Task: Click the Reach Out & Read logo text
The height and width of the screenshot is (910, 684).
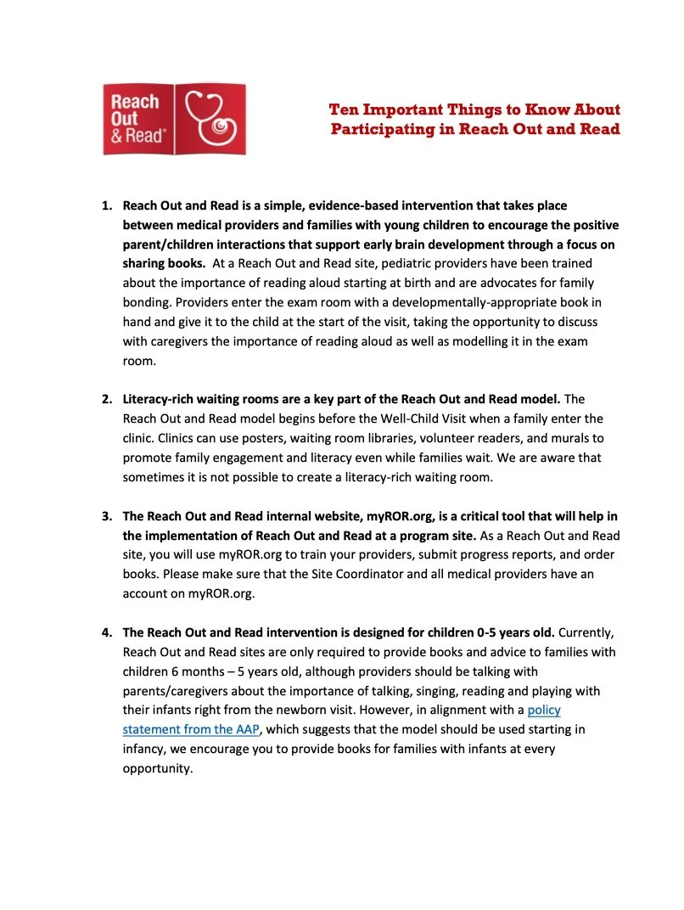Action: coord(135,120)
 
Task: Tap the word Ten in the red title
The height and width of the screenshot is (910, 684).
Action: coord(345,110)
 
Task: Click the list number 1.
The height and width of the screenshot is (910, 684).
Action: coord(107,206)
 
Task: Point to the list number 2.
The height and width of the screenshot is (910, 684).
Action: coord(107,399)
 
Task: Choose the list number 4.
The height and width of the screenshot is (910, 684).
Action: coord(107,633)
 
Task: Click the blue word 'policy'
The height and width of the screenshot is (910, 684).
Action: coord(544,710)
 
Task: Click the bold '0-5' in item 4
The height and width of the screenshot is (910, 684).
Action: coord(465,633)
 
